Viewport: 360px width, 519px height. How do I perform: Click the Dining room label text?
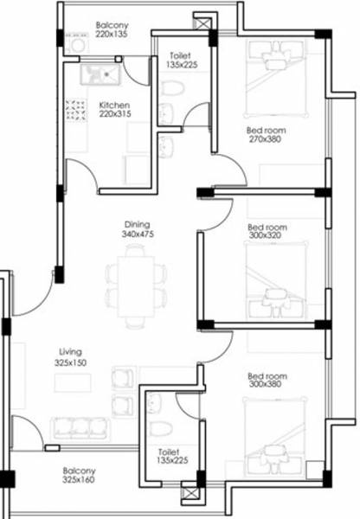click(x=136, y=223)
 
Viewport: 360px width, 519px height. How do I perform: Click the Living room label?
click(x=70, y=352)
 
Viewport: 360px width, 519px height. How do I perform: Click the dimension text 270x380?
click(x=267, y=138)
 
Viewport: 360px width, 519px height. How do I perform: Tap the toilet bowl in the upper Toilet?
click(x=173, y=88)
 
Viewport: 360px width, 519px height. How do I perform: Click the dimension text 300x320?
click(x=267, y=234)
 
